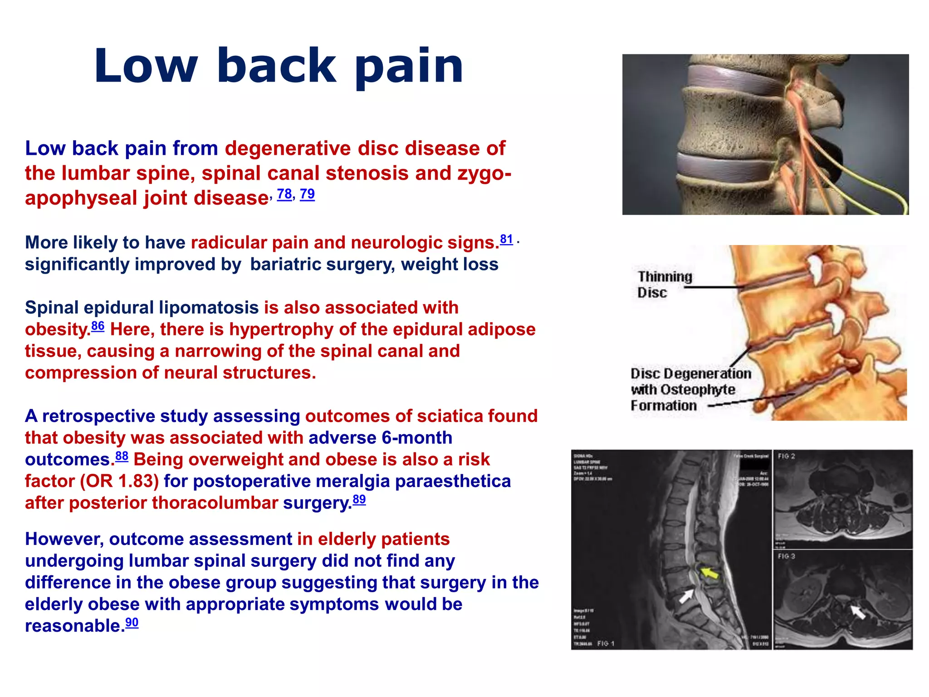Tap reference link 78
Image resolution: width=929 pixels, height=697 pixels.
(x=284, y=194)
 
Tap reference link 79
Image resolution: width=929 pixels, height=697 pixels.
(x=307, y=194)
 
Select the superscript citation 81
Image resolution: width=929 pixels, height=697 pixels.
(x=506, y=239)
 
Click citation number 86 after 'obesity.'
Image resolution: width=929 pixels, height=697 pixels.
(x=98, y=326)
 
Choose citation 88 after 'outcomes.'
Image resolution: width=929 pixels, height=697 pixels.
(x=122, y=456)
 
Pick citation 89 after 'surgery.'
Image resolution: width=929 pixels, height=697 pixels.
(x=359, y=500)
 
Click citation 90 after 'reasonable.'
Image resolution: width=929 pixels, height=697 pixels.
(x=132, y=623)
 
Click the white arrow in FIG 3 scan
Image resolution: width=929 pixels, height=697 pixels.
(x=858, y=611)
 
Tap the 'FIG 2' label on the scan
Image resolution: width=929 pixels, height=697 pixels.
(x=786, y=456)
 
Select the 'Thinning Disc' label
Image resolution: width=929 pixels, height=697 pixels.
(x=664, y=285)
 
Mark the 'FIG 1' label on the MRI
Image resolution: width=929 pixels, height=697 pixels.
(x=606, y=643)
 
